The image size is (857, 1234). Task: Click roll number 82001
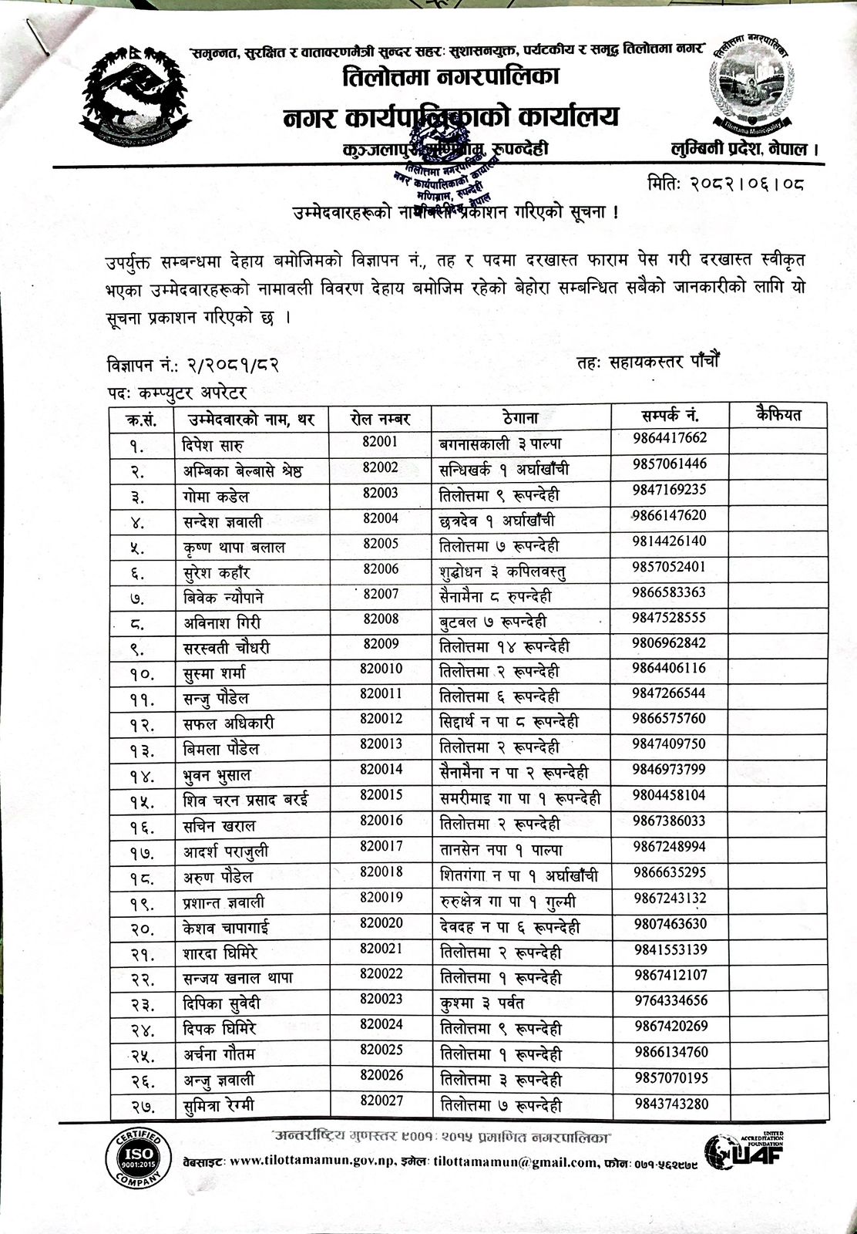(x=380, y=441)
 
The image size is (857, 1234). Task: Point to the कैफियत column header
(x=778, y=416)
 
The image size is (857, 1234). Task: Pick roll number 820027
(x=381, y=1101)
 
